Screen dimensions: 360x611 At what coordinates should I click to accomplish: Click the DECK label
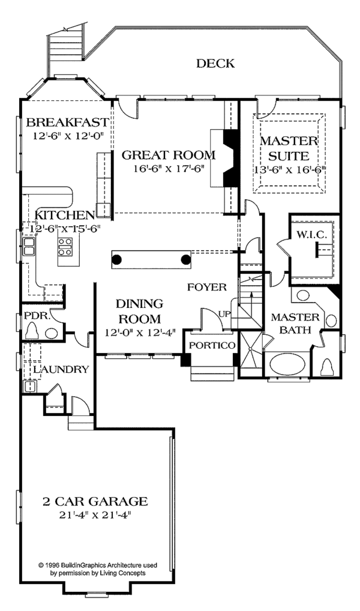click(x=215, y=63)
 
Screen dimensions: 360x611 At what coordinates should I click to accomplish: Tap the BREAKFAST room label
click(x=67, y=122)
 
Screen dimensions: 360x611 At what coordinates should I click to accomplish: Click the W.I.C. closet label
click(x=310, y=234)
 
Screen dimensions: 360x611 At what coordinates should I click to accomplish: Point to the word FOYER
click(x=207, y=287)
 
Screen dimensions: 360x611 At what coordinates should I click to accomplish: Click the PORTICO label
click(x=212, y=345)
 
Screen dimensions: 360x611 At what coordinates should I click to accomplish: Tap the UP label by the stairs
click(x=224, y=313)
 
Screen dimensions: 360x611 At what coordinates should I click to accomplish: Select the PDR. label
click(x=38, y=316)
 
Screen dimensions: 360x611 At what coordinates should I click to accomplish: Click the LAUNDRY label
click(x=61, y=369)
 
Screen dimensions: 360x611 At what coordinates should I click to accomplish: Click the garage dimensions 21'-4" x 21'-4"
click(x=95, y=515)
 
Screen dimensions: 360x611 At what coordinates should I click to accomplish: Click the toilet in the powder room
click(x=33, y=331)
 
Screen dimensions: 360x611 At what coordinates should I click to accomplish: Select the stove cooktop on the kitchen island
click(x=65, y=247)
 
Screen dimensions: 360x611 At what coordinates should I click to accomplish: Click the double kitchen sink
click(x=28, y=247)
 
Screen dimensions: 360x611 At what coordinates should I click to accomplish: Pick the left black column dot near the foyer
click(x=116, y=259)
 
